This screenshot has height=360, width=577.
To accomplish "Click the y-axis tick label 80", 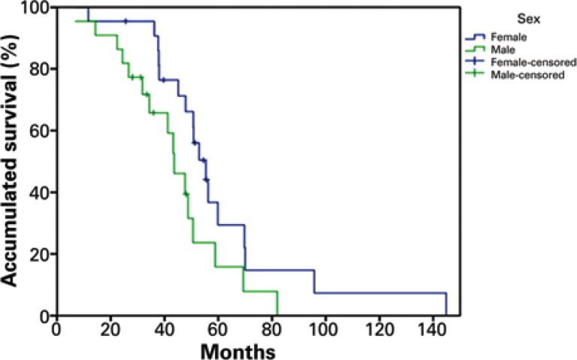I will click(x=38, y=69).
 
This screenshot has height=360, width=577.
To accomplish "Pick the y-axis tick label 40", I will click(x=38, y=192).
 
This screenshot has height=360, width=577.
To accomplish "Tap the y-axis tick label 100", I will click(x=34, y=8).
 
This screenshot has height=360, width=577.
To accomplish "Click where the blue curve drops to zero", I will click(x=446, y=315).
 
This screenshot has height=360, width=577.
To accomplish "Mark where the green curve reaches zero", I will click(x=277, y=315).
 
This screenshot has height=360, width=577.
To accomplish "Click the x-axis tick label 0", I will click(x=56, y=329).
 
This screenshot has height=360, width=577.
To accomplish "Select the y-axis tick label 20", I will click(x=38, y=254).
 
